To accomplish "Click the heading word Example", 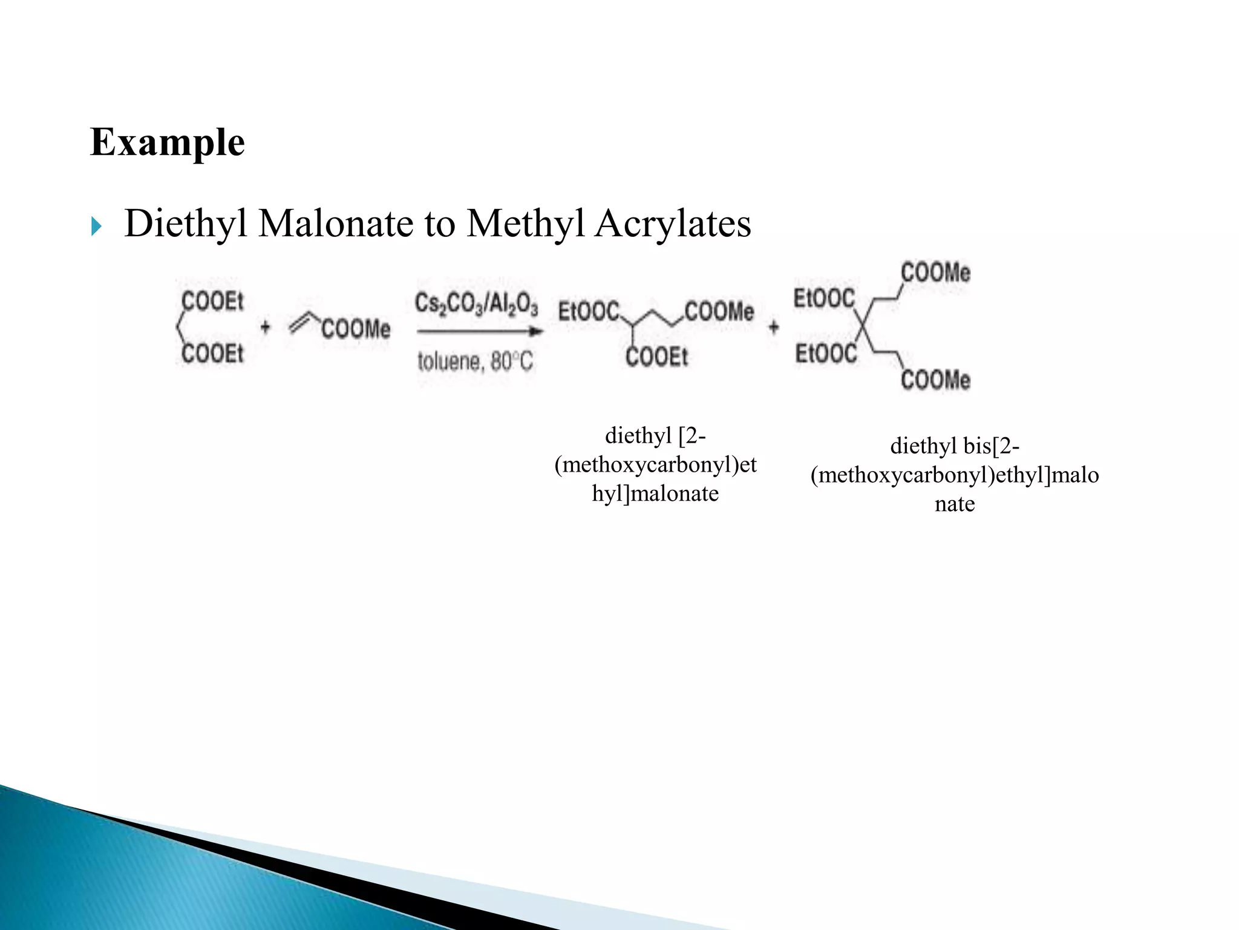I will click(x=167, y=143).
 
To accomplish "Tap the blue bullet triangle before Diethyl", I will click(x=96, y=227).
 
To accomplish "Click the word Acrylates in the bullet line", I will click(x=672, y=223).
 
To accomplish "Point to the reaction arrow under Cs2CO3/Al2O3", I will click(x=479, y=331).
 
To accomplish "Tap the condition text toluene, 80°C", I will click(x=476, y=361).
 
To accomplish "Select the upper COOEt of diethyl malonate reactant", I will click(x=212, y=301).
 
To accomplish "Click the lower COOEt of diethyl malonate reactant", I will click(x=212, y=354).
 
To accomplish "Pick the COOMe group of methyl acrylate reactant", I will click(x=356, y=329).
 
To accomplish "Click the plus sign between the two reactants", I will click(x=265, y=328).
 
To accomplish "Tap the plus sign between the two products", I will click(x=774, y=328).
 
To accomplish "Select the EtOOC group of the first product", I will click(x=588, y=312).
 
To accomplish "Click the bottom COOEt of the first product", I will click(x=656, y=357).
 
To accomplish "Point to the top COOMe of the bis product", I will click(x=935, y=272).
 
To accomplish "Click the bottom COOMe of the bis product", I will click(x=935, y=380).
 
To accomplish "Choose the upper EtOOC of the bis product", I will click(x=824, y=298).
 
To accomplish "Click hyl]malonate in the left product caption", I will click(x=655, y=493).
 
